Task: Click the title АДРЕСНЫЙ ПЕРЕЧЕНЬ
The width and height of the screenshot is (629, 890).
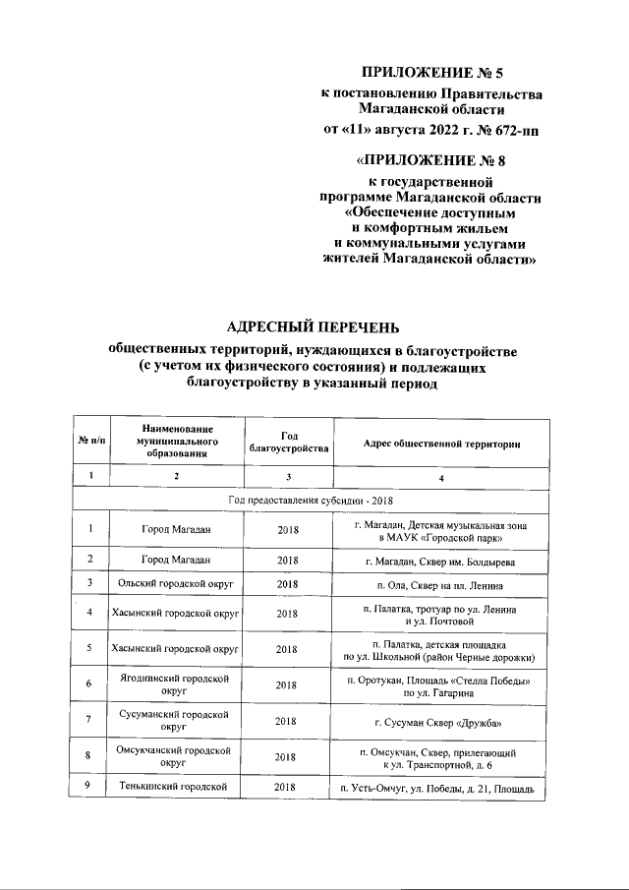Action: point(314,326)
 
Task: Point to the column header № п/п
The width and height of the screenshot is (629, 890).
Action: point(91,445)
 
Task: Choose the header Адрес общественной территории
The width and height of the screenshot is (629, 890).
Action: point(441,445)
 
